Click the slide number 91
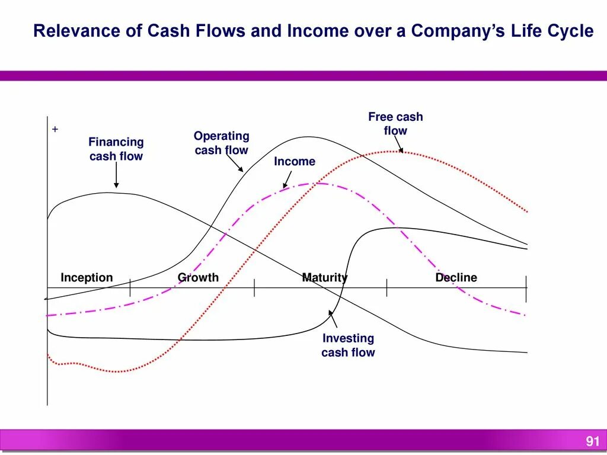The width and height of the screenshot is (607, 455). pyautogui.click(x=593, y=441)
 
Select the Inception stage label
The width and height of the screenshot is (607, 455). pyautogui.click(x=87, y=277)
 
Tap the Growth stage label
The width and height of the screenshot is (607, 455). pyautogui.click(x=198, y=277)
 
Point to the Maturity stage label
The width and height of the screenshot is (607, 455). pyautogui.click(x=324, y=277)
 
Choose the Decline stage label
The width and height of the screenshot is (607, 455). pyautogui.click(x=456, y=277)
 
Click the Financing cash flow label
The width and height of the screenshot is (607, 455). pyautogui.click(x=116, y=149)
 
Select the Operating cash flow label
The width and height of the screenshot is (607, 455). pyautogui.click(x=222, y=143)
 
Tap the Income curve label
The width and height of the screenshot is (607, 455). pyautogui.click(x=295, y=162)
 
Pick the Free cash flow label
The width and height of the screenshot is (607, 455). pyautogui.click(x=395, y=124)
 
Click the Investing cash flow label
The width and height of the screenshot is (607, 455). pyautogui.click(x=348, y=345)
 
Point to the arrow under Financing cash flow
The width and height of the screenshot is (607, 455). pyautogui.click(x=116, y=176)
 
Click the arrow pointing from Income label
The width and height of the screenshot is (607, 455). pyautogui.click(x=287, y=179)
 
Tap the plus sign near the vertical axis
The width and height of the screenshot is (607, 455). pyautogui.click(x=55, y=129)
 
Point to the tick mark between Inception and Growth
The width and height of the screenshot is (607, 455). pyautogui.click(x=130, y=288)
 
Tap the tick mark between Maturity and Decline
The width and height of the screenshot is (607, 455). pyautogui.click(x=387, y=288)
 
